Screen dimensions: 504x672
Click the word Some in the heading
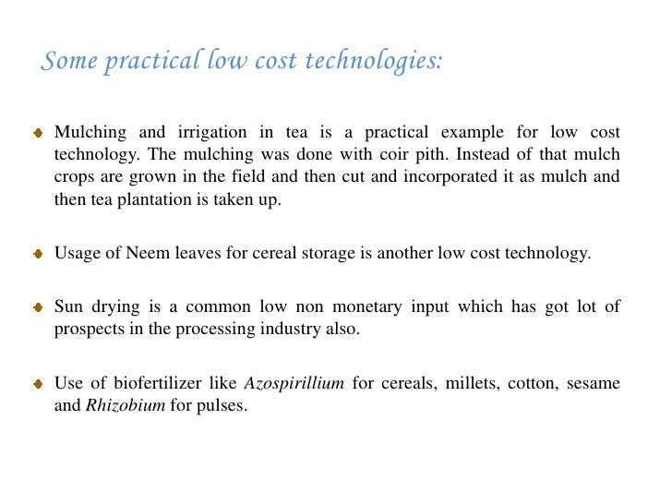click(68, 62)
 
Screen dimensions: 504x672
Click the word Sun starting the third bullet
click(67, 307)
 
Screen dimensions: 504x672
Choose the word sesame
click(595, 383)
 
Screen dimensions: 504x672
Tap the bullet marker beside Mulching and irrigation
click(39, 134)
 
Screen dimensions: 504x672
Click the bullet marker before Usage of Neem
click(39, 255)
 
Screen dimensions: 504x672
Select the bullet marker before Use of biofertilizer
click(39, 384)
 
